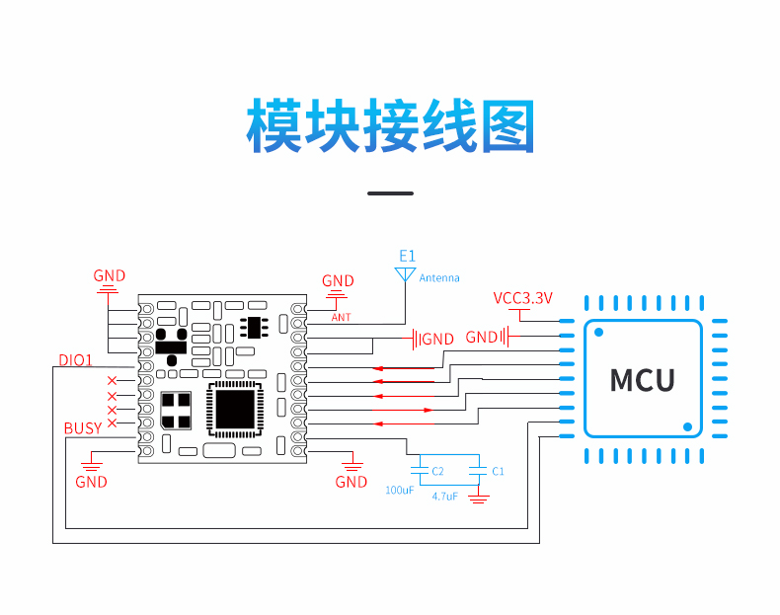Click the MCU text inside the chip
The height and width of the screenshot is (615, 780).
(x=642, y=380)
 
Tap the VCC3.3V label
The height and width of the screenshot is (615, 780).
(x=523, y=298)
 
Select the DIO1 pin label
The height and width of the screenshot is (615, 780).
(x=76, y=360)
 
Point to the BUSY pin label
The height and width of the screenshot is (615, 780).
(x=83, y=428)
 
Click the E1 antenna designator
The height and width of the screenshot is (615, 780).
(x=407, y=256)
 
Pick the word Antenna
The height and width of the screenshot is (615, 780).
(x=439, y=278)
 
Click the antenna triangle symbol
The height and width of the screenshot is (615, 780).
(x=405, y=274)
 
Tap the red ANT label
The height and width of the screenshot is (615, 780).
(x=342, y=317)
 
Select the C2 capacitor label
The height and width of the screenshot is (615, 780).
(x=437, y=471)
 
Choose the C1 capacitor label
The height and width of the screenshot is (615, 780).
(x=498, y=471)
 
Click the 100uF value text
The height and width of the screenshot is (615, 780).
(x=400, y=491)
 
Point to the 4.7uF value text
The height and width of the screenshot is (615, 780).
(x=444, y=497)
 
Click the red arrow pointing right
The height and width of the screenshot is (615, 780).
(x=403, y=411)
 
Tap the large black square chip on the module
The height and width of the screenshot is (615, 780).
(x=235, y=409)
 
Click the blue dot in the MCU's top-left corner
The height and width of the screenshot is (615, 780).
(x=599, y=332)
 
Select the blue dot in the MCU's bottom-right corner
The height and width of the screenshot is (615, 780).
(x=687, y=426)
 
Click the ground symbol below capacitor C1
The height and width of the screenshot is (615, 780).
(x=479, y=499)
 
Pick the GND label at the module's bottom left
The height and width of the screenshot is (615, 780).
(x=91, y=482)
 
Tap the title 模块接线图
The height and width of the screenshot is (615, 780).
(x=391, y=125)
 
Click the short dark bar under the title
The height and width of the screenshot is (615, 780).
(x=391, y=193)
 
